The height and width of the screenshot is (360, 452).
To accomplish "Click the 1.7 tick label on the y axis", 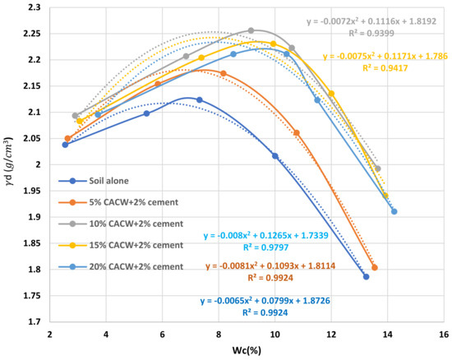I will click(33, 321).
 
